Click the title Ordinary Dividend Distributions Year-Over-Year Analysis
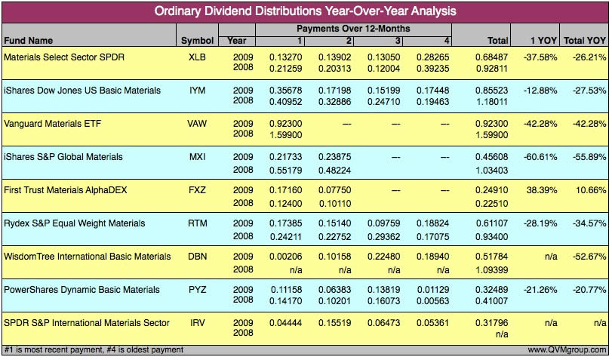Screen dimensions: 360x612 (x=305, y=11)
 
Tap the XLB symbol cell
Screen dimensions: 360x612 (x=198, y=57)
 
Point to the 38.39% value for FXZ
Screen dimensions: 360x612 (x=535, y=190)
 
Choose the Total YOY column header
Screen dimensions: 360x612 (x=585, y=40)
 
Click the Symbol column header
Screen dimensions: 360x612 (x=198, y=40)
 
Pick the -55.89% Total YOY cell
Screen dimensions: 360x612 (x=586, y=157)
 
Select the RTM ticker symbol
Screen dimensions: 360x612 (x=198, y=223)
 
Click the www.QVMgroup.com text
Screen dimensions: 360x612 (x=567, y=350)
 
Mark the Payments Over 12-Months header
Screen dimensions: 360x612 (x=353, y=29)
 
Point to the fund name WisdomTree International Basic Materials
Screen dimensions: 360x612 (x=87, y=257)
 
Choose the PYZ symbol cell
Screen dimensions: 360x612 (x=198, y=290)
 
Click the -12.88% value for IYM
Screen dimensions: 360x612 (x=535, y=91)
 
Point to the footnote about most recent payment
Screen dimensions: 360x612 (x=94, y=350)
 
